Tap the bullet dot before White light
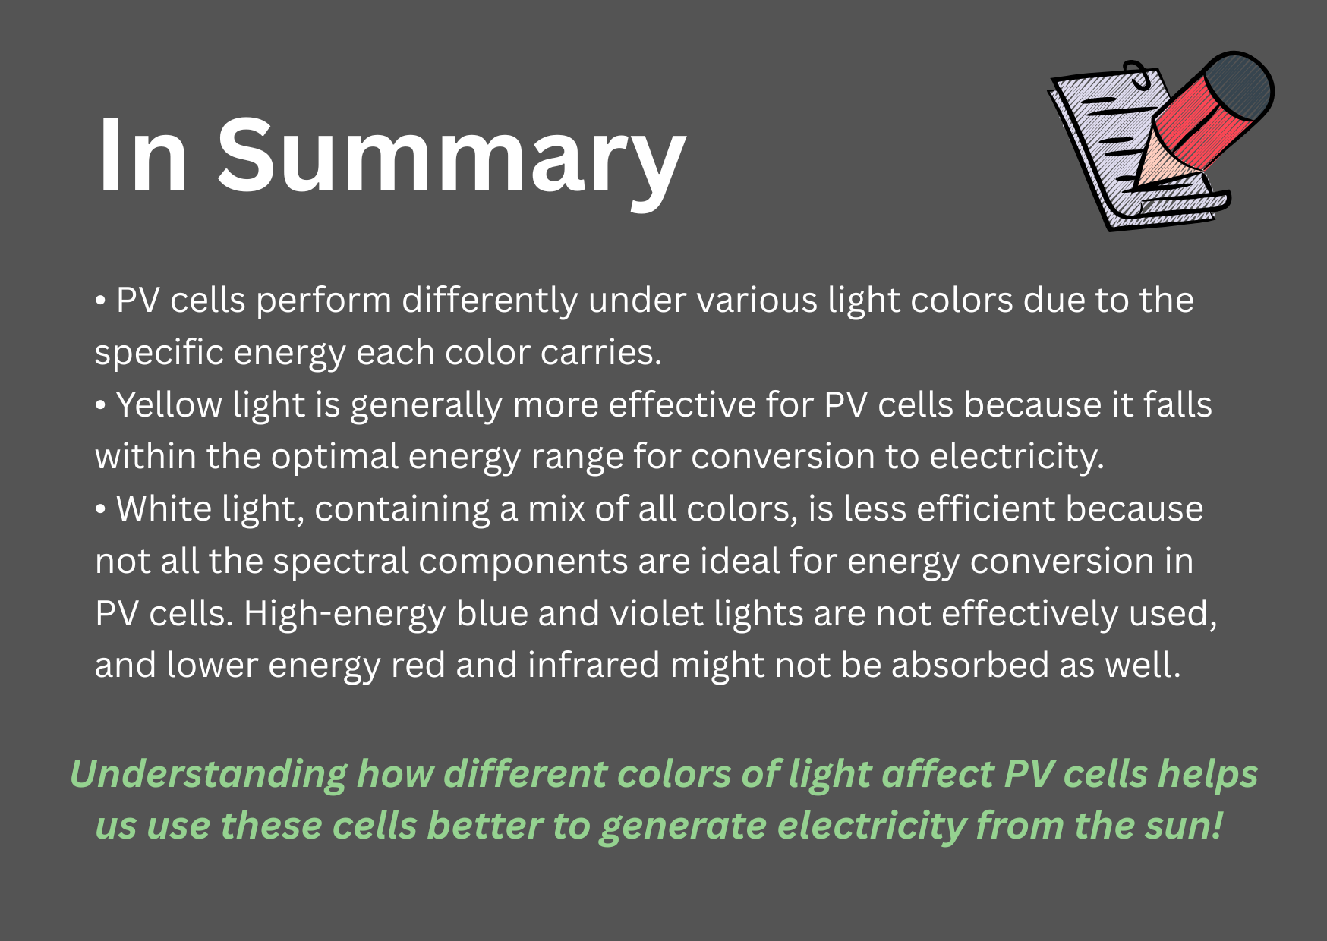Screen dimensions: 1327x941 coord(100,510)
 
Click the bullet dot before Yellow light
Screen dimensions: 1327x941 coord(100,406)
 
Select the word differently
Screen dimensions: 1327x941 coord(490,301)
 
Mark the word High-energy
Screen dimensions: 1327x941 coord(344,615)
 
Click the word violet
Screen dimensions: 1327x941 coord(657,614)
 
